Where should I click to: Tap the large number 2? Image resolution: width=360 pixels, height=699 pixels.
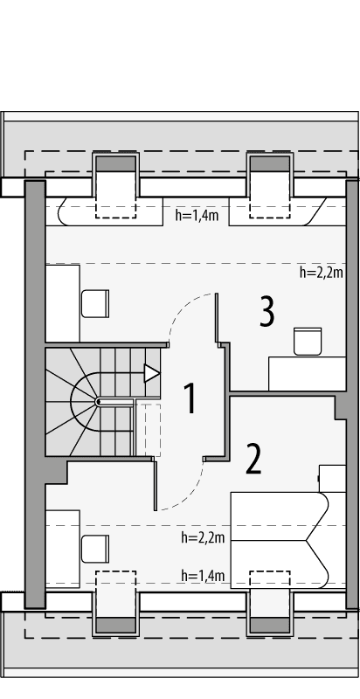(253, 458)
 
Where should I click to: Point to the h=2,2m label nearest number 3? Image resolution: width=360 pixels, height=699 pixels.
(321, 272)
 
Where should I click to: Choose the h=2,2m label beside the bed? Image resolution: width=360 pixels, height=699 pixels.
(203, 536)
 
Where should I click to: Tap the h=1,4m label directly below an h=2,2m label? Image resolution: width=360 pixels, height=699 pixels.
(203, 575)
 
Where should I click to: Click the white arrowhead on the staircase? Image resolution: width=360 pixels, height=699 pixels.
(152, 373)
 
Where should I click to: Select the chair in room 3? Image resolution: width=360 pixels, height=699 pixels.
(308, 340)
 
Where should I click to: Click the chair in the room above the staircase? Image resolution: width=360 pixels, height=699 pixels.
(94, 303)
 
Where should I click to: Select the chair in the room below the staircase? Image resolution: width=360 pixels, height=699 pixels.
(93, 549)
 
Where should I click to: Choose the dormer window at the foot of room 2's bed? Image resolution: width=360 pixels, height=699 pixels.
(270, 603)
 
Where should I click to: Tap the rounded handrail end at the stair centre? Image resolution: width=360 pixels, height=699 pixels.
(99, 401)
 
